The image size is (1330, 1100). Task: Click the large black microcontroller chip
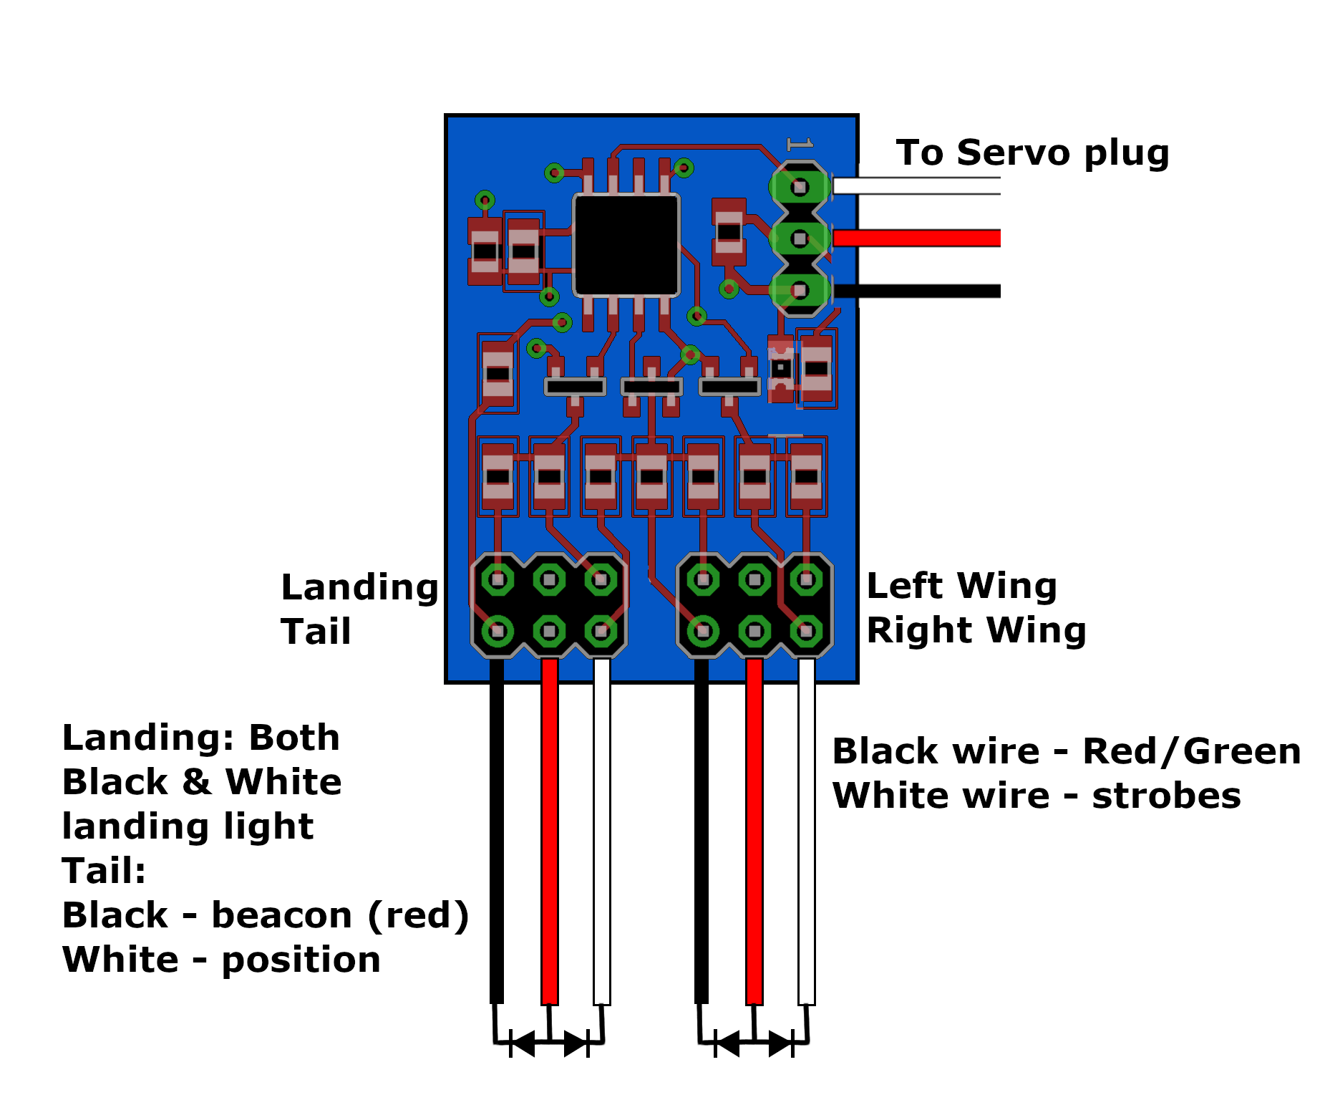click(x=626, y=245)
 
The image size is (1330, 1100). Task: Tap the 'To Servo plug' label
click(x=1032, y=153)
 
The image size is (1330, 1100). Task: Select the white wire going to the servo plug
click(x=917, y=186)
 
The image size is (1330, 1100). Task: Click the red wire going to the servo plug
click(x=917, y=238)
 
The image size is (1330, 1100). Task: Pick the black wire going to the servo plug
click(x=917, y=291)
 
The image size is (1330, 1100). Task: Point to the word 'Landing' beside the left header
click(x=359, y=589)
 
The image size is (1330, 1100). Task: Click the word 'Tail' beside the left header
click(x=316, y=632)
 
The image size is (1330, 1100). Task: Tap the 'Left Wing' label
click(x=961, y=587)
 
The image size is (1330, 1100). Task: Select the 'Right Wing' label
click(x=976, y=631)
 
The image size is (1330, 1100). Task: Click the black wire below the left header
click(x=497, y=831)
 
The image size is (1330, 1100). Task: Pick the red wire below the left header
click(x=550, y=831)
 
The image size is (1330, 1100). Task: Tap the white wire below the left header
click(x=602, y=831)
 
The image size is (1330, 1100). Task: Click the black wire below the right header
click(x=702, y=831)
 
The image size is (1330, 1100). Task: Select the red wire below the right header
click(x=754, y=831)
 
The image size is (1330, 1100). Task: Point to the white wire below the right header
click(x=807, y=831)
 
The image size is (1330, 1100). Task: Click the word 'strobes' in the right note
click(x=1166, y=796)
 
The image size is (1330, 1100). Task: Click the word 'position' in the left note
click(x=301, y=961)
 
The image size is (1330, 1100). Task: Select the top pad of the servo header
click(x=800, y=187)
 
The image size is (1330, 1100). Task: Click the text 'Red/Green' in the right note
click(x=1192, y=751)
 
